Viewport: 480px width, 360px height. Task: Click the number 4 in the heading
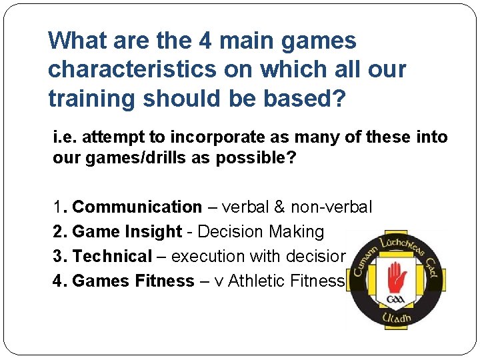[x=206, y=41]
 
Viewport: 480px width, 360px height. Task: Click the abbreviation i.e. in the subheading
[x=65, y=137]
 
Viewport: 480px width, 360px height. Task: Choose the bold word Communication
[x=137, y=207]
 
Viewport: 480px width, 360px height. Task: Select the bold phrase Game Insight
[x=127, y=232]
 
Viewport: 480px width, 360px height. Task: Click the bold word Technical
[x=112, y=256]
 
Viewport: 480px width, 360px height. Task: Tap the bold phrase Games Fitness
[x=133, y=281]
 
